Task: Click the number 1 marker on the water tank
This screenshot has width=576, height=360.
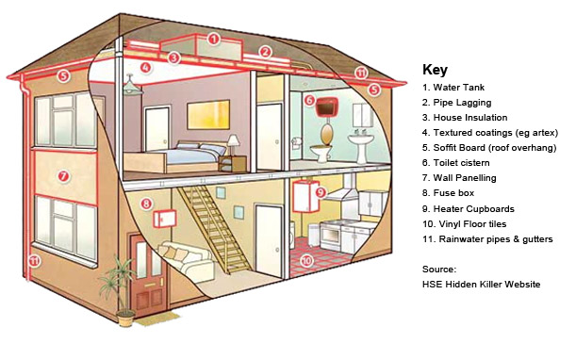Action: [x=213, y=39]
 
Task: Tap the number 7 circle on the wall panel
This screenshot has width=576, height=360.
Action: [x=63, y=176]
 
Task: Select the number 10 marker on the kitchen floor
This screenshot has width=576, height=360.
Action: [x=306, y=261]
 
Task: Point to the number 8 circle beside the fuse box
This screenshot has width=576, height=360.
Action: [x=146, y=204]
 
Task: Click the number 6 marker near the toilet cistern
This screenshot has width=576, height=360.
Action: [x=309, y=100]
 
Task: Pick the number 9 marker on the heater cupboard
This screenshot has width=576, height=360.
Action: [x=321, y=191]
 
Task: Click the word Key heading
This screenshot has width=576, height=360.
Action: [x=435, y=70]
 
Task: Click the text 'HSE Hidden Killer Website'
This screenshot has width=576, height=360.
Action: [x=481, y=284]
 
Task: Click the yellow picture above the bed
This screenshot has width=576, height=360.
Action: [x=208, y=115]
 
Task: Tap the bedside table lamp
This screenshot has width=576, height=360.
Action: [x=233, y=145]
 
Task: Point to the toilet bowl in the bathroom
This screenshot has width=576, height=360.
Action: [x=321, y=153]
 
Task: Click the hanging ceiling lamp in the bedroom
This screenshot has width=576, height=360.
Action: [x=131, y=86]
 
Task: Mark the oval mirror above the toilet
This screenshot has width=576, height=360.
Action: [x=325, y=134]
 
